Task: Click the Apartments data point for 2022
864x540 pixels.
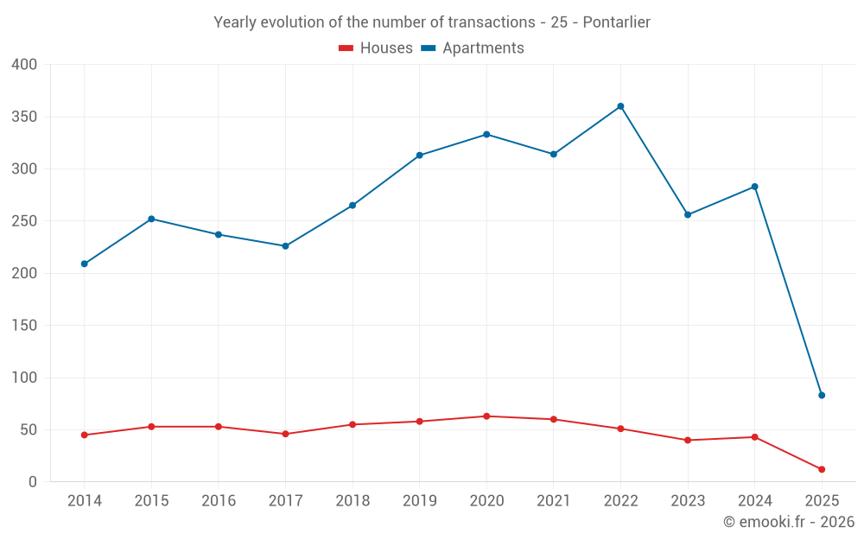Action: point(620,106)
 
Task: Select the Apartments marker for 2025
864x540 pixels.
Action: point(822,395)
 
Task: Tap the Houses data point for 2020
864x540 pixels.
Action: point(486,416)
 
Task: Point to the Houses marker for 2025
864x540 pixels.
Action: point(822,469)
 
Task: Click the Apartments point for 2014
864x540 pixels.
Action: point(84,264)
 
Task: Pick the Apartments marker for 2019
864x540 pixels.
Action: point(419,156)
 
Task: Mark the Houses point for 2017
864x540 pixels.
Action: point(285,434)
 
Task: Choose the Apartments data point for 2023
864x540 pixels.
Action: point(688,214)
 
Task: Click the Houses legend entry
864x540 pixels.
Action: point(376,48)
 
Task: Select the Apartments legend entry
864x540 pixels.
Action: point(473,48)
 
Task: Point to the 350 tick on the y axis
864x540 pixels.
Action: point(24,117)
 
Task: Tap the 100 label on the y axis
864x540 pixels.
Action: point(24,378)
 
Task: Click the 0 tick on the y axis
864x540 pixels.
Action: point(33,482)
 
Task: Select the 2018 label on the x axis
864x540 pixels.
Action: point(353,501)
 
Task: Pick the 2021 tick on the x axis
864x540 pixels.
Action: point(554,501)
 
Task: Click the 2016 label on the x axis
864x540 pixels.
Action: point(218,501)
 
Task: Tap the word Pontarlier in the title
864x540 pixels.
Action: point(616,22)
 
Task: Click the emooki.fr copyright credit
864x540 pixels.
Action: point(789,522)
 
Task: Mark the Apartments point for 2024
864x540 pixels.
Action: point(754,187)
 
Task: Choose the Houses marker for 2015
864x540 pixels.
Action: point(151,427)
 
